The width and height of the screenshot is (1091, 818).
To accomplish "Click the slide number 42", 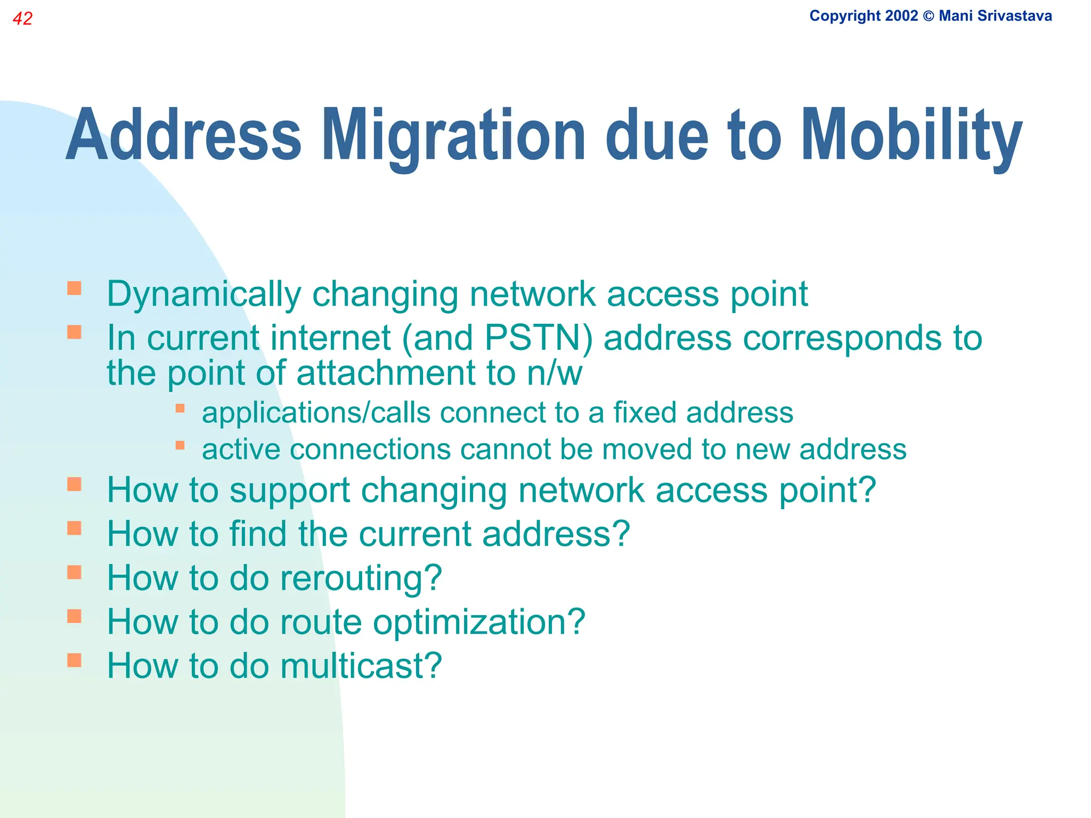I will pos(22,19).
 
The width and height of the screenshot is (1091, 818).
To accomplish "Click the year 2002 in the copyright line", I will pos(901,16).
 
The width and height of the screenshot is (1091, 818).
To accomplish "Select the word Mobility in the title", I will pos(911,136).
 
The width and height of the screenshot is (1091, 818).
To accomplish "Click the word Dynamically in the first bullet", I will pos(204,295).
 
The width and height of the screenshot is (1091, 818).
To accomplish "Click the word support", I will pos(289,491).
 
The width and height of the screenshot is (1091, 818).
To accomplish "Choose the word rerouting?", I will pos(361,578).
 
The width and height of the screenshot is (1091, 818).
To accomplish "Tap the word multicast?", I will pos(361,666).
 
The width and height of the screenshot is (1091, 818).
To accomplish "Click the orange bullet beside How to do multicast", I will pos(74,660).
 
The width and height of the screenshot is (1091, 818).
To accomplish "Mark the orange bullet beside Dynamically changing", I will pos(74,289).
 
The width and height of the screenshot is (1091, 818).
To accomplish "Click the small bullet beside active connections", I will pos(180,445).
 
